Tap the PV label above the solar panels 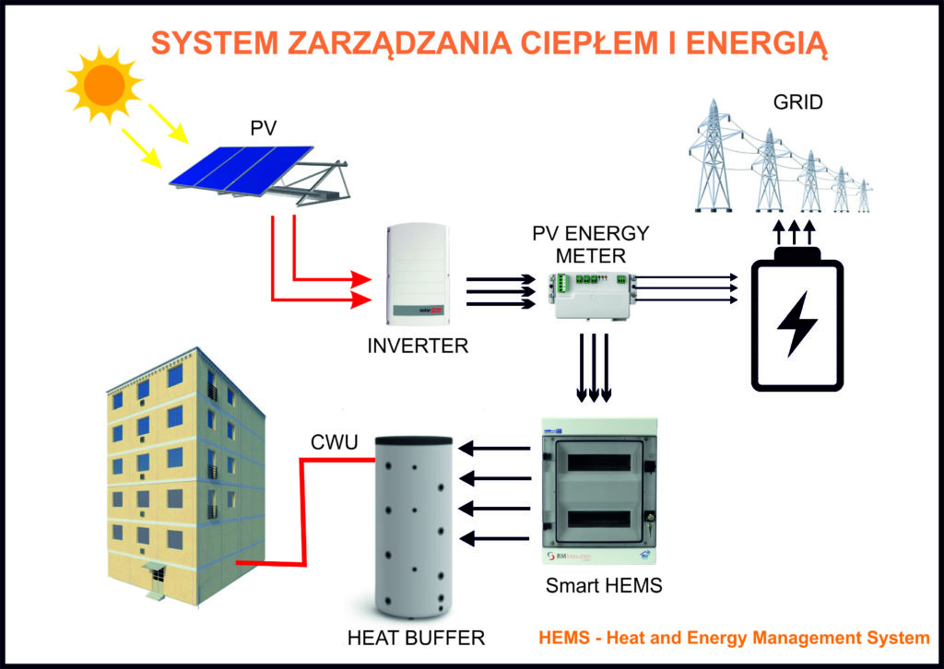(x=263, y=127)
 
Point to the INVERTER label (x=418, y=347)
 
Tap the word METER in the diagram (x=592, y=255)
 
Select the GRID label (x=798, y=102)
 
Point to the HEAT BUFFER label (x=416, y=637)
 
